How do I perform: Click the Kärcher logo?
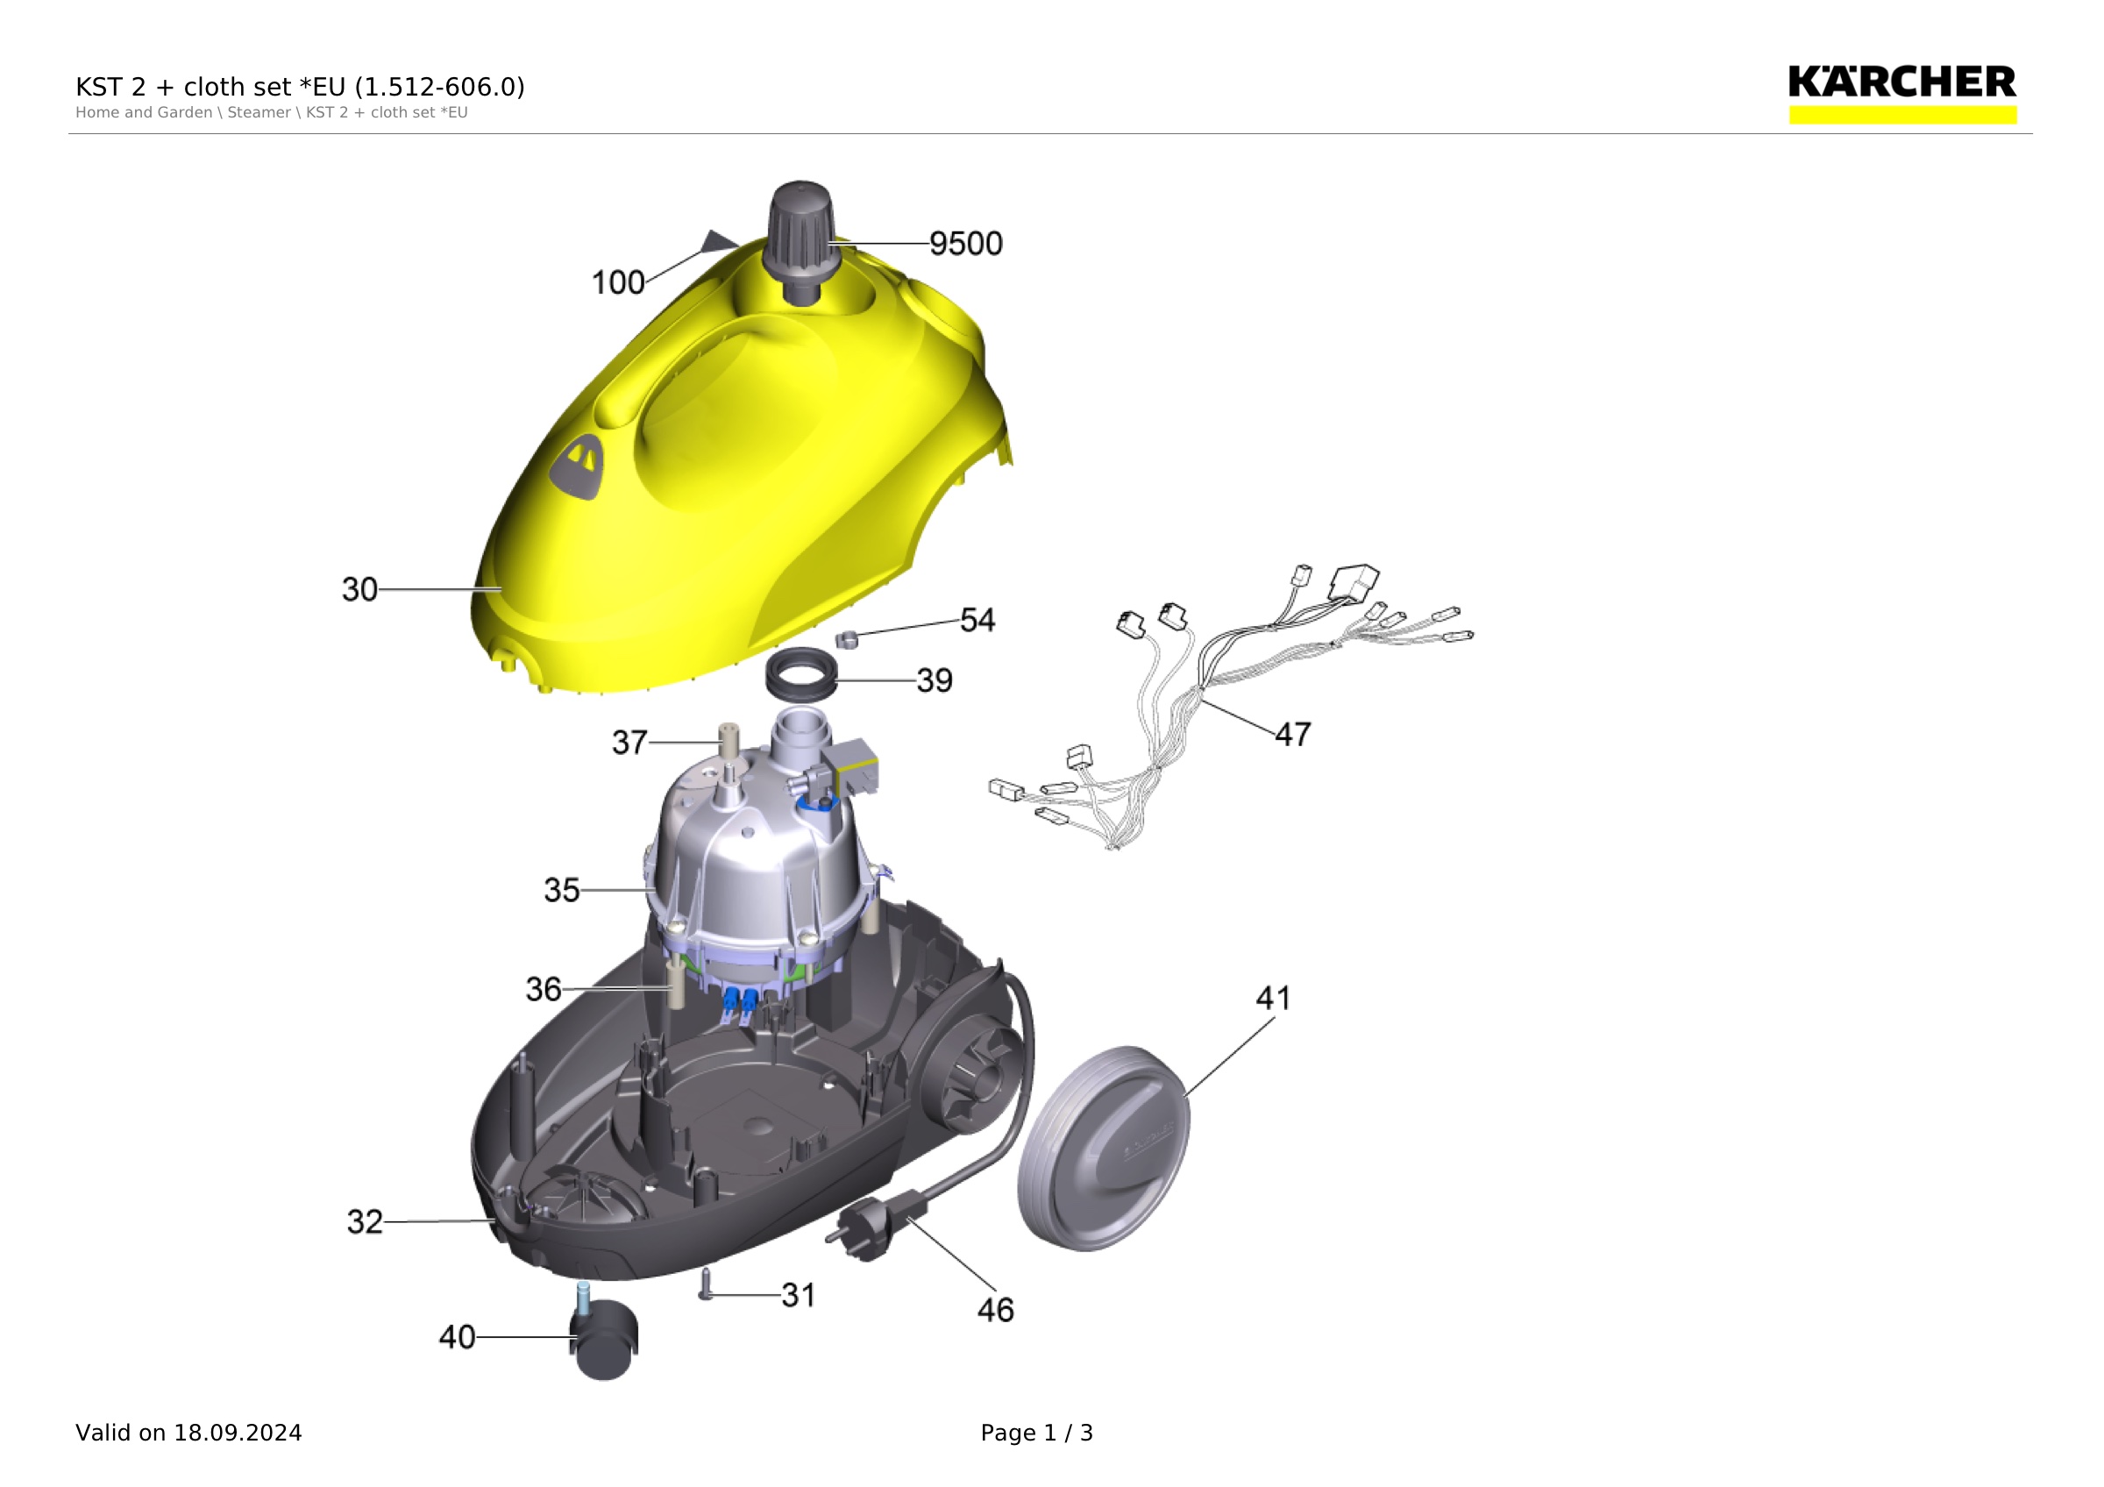coord(1902,93)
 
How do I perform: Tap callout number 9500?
coord(966,244)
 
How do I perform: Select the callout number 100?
coord(618,282)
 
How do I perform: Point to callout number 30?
coord(359,589)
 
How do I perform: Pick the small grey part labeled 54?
coord(846,637)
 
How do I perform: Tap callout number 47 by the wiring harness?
coord(1293,734)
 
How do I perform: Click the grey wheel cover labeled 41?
coord(1104,1149)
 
